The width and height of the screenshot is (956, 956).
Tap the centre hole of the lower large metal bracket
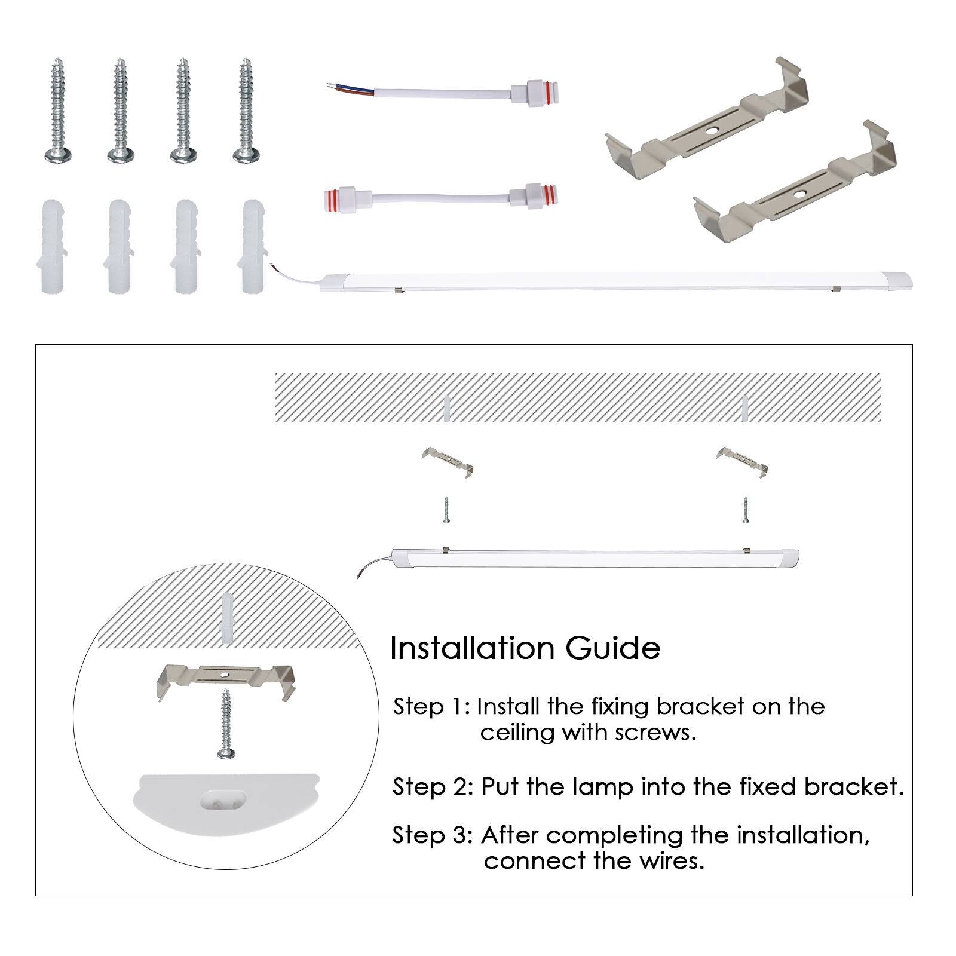(x=799, y=194)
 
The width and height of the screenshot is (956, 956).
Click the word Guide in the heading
(x=612, y=648)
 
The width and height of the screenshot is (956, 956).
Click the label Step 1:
(x=432, y=707)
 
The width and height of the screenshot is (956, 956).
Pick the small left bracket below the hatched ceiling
(x=448, y=461)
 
